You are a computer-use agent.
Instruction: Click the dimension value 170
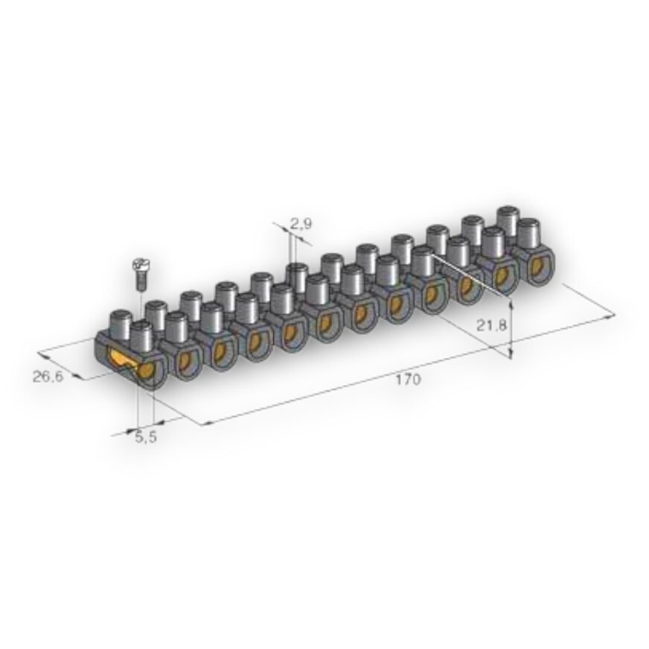click(x=408, y=380)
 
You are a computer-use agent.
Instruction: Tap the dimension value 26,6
click(x=48, y=377)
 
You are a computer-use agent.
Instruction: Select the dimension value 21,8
click(x=491, y=325)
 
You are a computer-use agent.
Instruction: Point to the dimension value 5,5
click(x=146, y=437)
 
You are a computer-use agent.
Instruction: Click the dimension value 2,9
click(x=301, y=224)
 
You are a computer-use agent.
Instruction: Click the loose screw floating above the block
click(x=140, y=275)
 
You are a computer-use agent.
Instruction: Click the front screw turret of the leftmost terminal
click(x=141, y=337)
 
